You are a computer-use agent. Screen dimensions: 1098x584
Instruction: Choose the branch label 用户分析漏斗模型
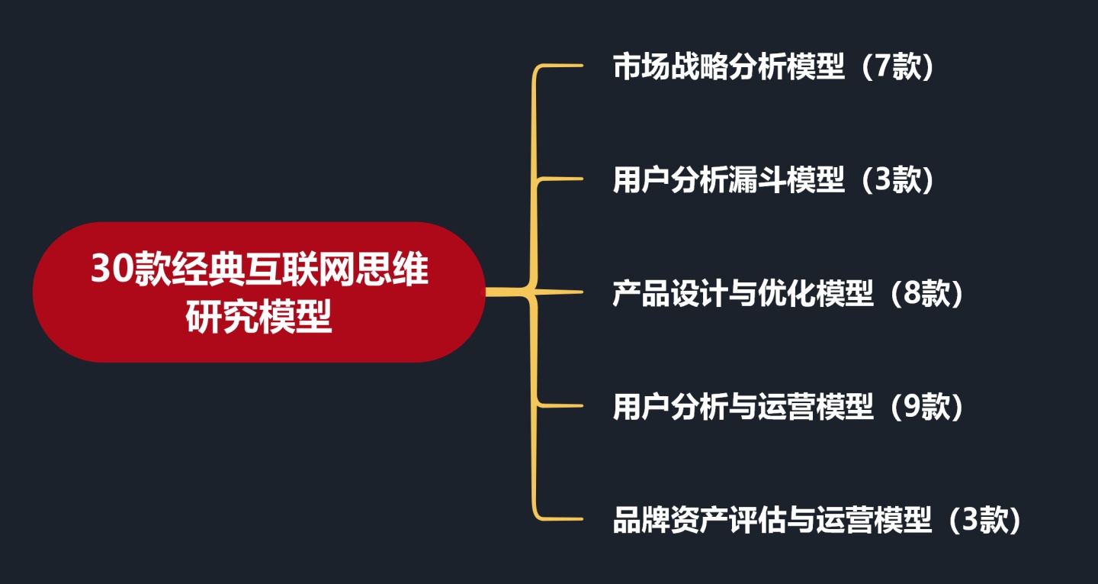pyautogui.click(x=729, y=181)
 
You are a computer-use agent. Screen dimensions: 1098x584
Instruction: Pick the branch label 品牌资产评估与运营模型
pyautogui.click(x=772, y=521)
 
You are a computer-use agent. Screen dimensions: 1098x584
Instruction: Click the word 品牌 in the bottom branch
pyautogui.click(x=642, y=521)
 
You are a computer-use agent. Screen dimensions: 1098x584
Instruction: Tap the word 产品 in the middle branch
pyautogui.click(x=642, y=294)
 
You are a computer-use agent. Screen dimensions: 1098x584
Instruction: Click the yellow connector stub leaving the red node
pyautogui.click(x=503, y=292)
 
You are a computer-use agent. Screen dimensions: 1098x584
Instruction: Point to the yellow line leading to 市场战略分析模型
pyautogui.click(x=560, y=66)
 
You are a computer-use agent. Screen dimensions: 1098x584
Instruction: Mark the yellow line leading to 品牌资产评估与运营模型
pyautogui.click(x=560, y=519)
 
